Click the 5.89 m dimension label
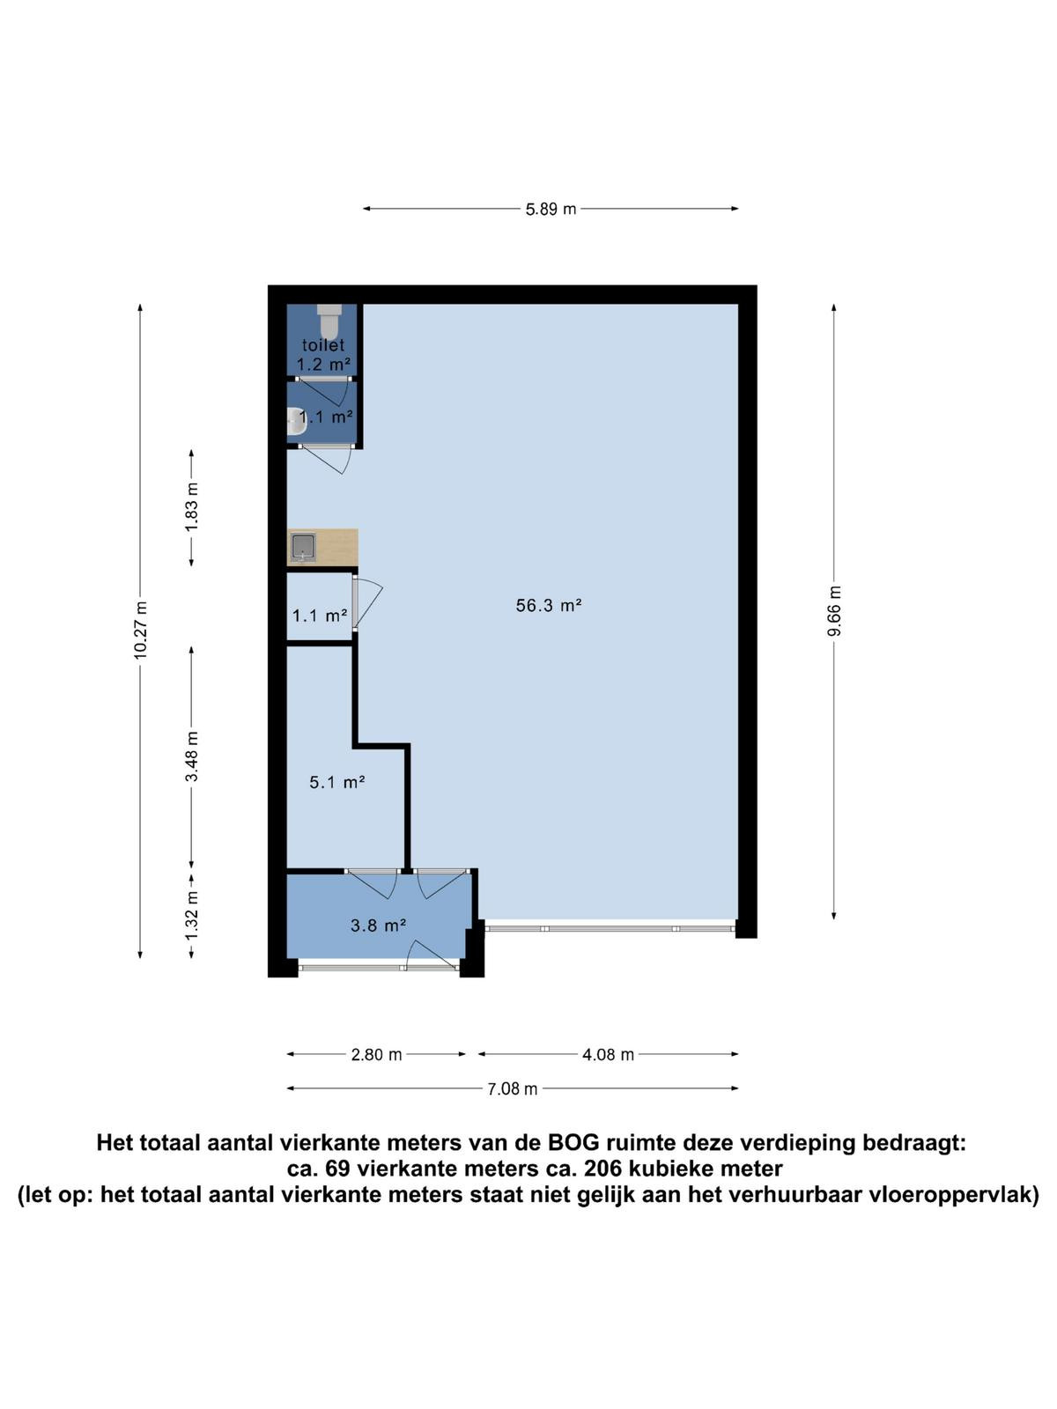pos(551,210)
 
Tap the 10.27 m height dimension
pos(141,630)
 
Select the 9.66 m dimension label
pos(833,610)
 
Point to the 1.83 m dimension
pos(191,506)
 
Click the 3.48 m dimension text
pos(191,756)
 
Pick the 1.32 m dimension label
pos(191,915)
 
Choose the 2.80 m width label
pos(376,1054)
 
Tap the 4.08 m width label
pos(608,1054)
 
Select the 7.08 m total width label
pos(512,1088)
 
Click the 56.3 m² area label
pos(549,605)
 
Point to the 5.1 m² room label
pos(337,783)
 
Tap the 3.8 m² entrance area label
pos(378,925)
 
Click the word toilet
pos(323,345)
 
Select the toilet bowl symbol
pos(329,321)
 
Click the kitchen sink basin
pos(303,547)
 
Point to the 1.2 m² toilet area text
pos(323,365)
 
